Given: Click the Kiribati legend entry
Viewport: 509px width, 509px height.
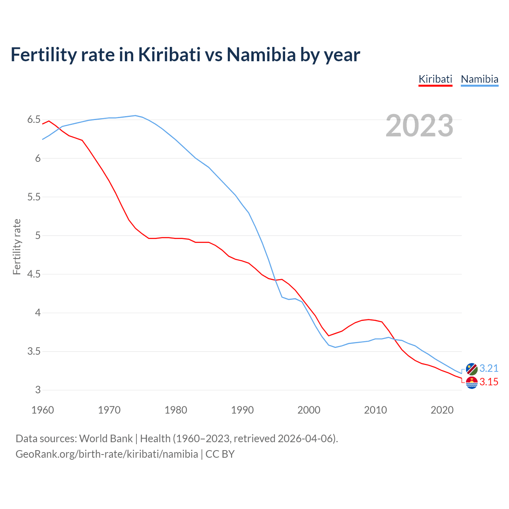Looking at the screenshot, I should pos(435,79).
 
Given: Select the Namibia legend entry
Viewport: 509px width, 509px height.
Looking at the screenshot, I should pos(479,79).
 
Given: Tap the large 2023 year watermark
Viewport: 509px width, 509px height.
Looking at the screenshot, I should pos(420,126).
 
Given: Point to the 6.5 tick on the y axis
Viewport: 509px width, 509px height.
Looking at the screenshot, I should pos(34,120).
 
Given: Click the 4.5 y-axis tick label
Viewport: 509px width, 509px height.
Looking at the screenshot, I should pos(34,274).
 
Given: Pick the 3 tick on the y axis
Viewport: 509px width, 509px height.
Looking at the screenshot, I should pos(38,390).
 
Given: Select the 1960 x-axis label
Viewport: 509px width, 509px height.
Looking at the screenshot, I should pos(43,410).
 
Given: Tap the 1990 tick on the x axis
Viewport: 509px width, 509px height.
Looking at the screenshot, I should pos(242,410).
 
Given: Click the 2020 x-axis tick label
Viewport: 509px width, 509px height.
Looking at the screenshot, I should pos(442,410).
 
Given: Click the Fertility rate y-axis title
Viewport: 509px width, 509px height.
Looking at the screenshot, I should pos(17,247).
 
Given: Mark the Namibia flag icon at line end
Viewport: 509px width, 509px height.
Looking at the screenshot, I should pos(472,369).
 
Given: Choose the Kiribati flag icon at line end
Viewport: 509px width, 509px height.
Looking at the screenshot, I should pos(472,383).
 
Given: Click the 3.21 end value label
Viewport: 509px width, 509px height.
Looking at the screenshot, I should pos(489,368).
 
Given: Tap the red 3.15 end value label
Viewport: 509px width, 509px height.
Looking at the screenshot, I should pos(489,382).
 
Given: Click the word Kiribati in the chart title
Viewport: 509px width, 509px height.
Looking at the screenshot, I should pos(169,54).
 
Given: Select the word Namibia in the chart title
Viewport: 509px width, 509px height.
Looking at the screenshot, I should pos(261,54).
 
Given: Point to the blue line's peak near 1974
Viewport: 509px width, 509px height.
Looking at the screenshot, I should pos(135,115).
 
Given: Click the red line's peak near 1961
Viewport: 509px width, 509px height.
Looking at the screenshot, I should pos(49,121).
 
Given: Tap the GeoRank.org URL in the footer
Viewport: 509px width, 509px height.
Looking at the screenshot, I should pos(107,454).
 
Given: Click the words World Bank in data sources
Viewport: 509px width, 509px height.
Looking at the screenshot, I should pos(106,438).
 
